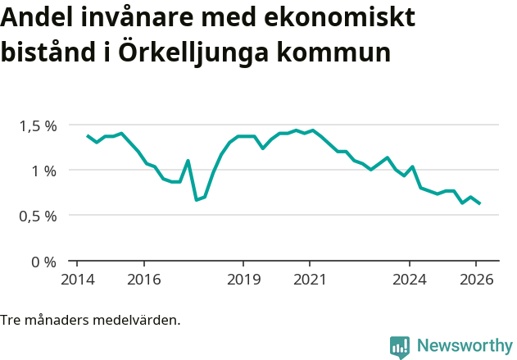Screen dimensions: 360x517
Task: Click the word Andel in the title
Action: (35, 17)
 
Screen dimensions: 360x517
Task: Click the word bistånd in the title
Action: (48, 53)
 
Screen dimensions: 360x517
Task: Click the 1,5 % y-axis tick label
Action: (39, 125)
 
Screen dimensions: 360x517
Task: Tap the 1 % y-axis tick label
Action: (44, 171)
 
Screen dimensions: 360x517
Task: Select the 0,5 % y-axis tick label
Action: (39, 216)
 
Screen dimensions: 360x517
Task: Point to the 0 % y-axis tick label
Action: (44, 262)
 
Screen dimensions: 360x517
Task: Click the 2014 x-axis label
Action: (77, 280)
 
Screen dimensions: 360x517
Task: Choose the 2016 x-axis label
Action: (143, 280)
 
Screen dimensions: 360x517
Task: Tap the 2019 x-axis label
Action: (243, 280)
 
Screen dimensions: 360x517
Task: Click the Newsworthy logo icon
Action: (400, 347)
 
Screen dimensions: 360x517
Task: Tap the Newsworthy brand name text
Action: (464, 346)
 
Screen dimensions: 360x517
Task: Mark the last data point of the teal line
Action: (479, 203)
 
